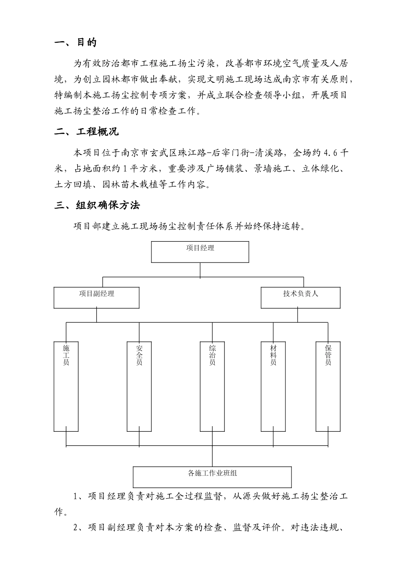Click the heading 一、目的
point(76,42)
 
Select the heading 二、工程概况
point(87,131)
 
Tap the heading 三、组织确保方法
point(97,205)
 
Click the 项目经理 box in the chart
point(200,252)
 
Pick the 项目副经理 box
point(96,297)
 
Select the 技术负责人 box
point(300,297)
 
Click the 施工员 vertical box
point(66,386)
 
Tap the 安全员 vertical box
point(139,386)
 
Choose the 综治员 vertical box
point(212,386)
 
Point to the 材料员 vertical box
point(273,386)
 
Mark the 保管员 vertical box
point(328,386)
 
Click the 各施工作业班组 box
point(212,477)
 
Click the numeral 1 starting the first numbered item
point(76,497)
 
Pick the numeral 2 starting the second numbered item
point(76,528)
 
